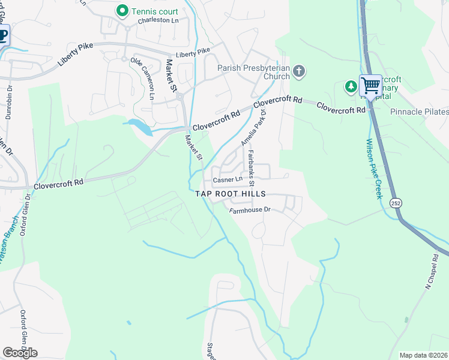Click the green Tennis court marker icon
tap(122, 10)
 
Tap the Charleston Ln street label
tap(158, 20)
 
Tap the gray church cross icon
tap(298, 73)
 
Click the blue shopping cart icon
tap(370, 85)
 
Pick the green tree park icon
tap(351, 87)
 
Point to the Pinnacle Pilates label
tap(419, 112)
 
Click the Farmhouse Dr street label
tap(250, 209)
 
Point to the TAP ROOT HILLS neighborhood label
tap(231, 194)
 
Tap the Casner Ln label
tap(228, 179)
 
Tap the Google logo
tap(20, 353)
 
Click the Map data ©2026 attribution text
tap(423, 355)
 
